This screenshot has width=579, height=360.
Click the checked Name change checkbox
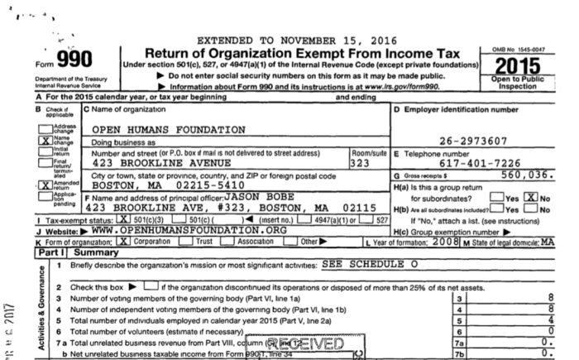point(44,141)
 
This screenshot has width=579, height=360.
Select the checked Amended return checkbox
point(44,188)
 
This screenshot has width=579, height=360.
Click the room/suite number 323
point(360,164)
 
